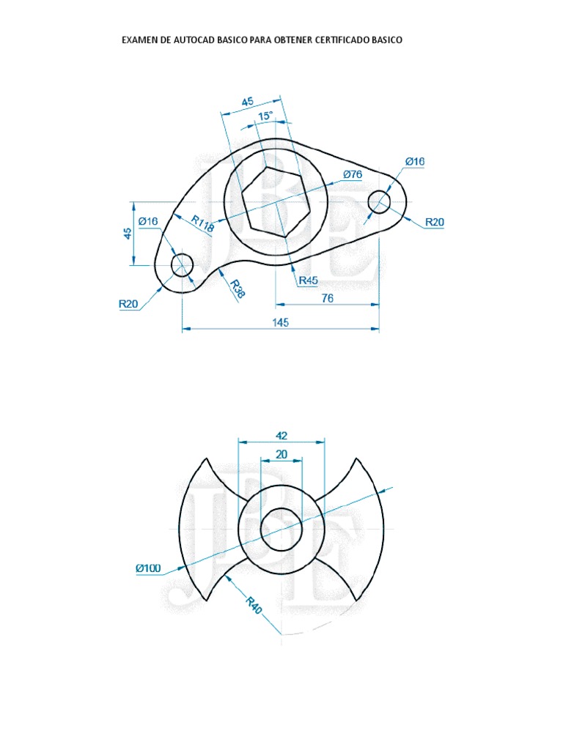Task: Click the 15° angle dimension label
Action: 265,116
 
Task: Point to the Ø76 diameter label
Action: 353,174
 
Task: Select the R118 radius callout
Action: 202,223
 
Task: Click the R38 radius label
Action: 237,289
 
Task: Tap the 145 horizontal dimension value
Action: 281,322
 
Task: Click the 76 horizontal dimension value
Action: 328,298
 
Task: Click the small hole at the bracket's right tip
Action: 379,202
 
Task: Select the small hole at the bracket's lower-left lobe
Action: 182,264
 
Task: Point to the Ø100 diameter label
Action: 149,568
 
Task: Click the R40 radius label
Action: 253,606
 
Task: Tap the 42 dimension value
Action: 281,434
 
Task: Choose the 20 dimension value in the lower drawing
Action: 281,454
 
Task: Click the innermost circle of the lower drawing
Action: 281,528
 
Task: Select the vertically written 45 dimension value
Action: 128,234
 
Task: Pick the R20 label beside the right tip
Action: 435,222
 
